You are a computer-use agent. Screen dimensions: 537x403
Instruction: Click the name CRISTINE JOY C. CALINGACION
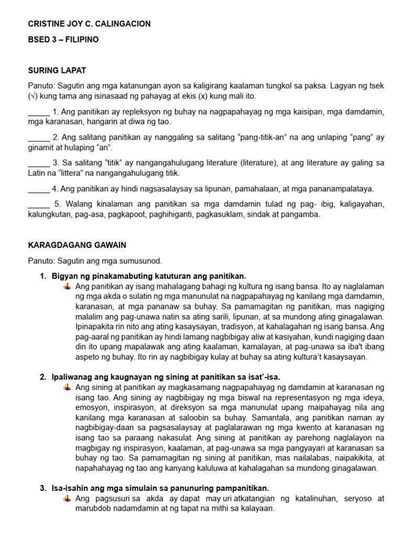(89, 24)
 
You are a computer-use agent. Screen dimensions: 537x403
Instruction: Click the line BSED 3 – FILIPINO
(63, 39)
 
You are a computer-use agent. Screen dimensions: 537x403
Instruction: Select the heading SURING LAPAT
(57, 70)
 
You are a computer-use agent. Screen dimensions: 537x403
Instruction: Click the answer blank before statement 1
(38, 112)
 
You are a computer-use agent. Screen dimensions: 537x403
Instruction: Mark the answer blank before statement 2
(38, 137)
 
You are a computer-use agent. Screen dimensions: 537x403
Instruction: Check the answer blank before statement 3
(38, 163)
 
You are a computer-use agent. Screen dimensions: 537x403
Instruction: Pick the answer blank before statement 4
(38, 188)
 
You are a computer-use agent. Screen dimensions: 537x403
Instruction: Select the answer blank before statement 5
(38, 204)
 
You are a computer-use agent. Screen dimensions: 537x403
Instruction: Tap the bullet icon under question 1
(67, 286)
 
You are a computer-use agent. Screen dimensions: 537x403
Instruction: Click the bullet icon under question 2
(67, 387)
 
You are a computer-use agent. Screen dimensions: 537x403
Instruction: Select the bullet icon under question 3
(67, 498)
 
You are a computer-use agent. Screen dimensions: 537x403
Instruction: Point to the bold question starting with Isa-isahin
(160, 488)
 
